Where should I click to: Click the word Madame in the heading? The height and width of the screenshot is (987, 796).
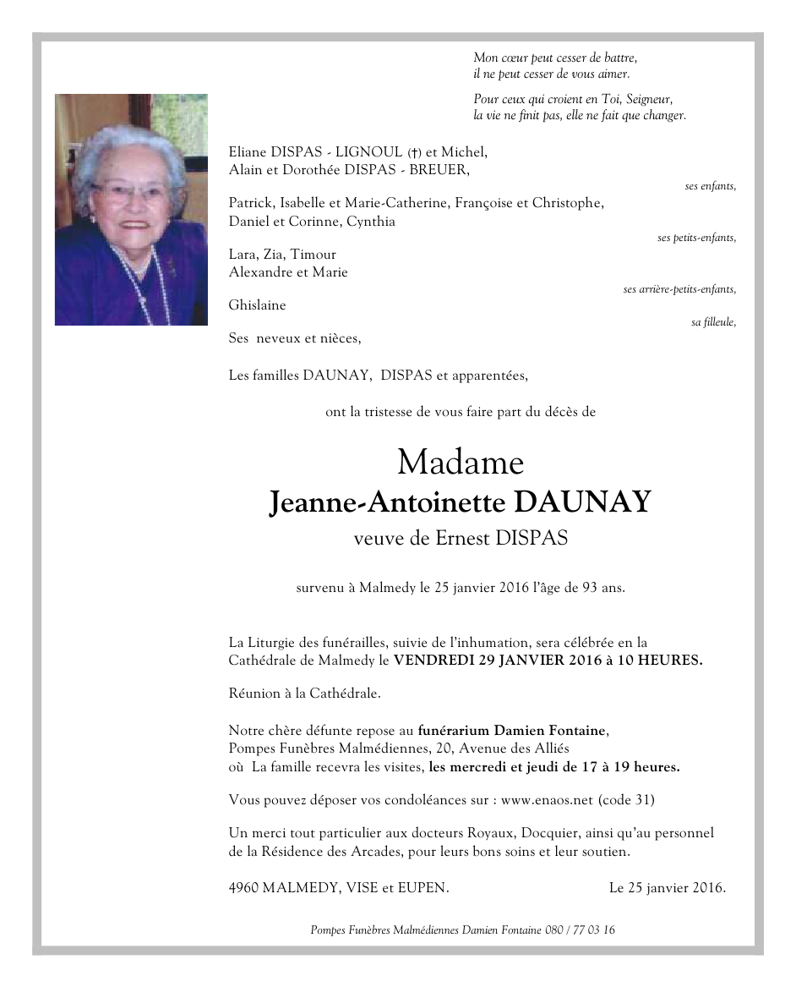tap(461, 463)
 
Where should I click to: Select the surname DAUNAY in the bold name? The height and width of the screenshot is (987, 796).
tap(583, 502)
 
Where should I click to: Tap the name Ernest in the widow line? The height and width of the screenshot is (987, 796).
tap(462, 539)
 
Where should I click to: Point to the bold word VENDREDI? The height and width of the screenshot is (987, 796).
tap(434, 661)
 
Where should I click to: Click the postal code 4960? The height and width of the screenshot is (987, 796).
tap(243, 888)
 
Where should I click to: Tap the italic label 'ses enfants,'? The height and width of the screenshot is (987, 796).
tap(710, 186)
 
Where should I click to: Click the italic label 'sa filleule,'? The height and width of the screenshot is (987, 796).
tap(713, 322)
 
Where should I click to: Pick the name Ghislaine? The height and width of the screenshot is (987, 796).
tap(257, 305)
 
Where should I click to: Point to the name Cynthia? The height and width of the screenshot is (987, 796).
tap(371, 222)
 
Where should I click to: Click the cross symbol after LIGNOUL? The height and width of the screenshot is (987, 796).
tap(414, 153)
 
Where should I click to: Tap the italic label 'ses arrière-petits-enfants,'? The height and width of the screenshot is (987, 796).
tap(679, 289)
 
